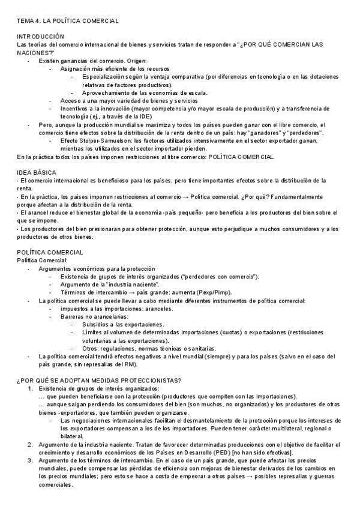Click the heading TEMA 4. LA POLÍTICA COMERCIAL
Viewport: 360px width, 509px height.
(x=68, y=20)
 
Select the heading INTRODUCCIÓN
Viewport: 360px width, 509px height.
(x=40, y=37)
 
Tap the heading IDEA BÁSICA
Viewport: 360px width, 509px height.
(x=37, y=173)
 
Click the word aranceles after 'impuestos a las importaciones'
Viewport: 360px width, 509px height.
(x=158, y=309)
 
